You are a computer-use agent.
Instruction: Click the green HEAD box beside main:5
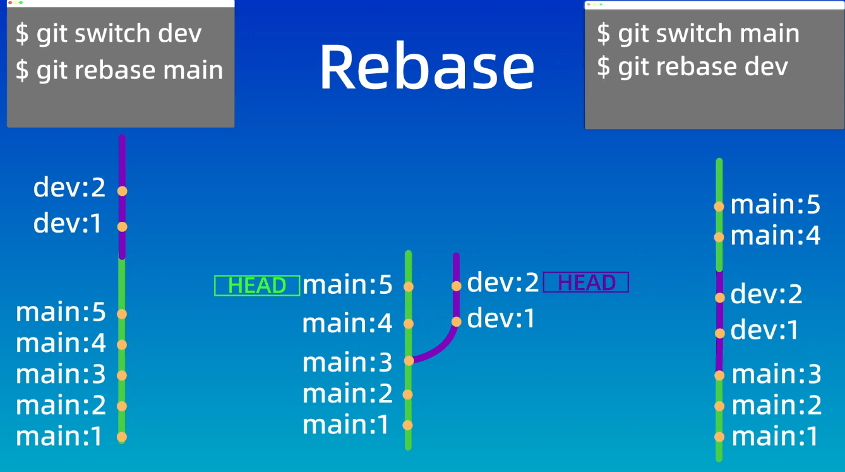[257, 286]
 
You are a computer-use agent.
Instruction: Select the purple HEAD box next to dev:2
[586, 282]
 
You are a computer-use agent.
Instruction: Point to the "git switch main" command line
[698, 33]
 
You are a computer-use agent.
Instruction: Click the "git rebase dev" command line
[692, 66]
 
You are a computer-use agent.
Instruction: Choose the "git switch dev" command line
[109, 33]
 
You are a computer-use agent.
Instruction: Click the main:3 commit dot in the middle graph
[409, 361]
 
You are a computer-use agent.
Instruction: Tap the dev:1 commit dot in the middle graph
[457, 322]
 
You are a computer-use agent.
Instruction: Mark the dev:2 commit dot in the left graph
[122, 191]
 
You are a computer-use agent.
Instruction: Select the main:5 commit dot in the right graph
[719, 206]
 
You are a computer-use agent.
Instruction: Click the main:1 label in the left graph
[59, 437]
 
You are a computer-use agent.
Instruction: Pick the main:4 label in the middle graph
[347, 324]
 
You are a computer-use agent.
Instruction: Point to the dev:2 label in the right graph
[766, 294]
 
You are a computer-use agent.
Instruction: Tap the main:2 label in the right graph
[776, 405]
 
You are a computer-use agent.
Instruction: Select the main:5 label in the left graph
[61, 313]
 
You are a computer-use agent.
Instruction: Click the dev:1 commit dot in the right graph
[719, 333]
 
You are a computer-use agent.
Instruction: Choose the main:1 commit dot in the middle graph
[408, 425]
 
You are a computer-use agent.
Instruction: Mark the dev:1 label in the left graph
[68, 224]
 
